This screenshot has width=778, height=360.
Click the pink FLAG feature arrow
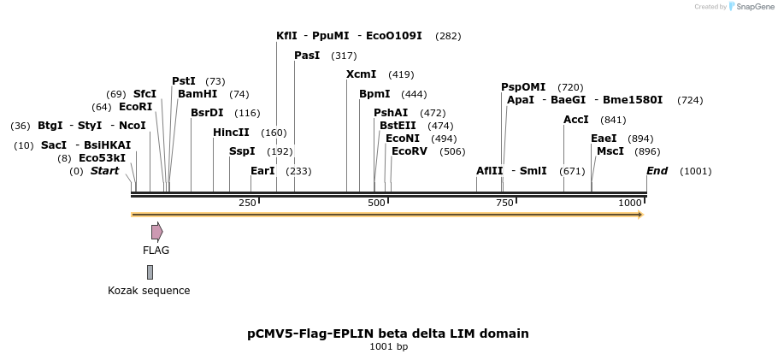(x=156, y=232)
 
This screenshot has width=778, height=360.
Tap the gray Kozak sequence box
(x=150, y=272)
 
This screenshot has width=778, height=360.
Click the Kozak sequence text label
(x=149, y=291)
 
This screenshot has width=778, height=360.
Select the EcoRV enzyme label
(x=409, y=151)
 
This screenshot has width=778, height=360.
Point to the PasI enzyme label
(x=307, y=56)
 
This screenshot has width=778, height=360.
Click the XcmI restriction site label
(x=361, y=74)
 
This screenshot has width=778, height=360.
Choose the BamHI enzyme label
(x=197, y=94)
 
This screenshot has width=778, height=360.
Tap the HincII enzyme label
(x=231, y=133)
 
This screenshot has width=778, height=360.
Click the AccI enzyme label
(x=576, y=120)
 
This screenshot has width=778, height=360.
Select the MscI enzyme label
(x=610, y=151)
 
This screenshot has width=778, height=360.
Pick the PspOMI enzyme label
(x=523, y=87)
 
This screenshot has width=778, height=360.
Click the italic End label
(x=657, y=171)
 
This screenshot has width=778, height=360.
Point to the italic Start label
(x=104, y=171)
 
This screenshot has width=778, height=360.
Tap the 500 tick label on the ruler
(x=376, y=203)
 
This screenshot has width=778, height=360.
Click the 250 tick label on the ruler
(x=247, y=203)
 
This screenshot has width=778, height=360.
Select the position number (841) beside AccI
(x=613, y=120)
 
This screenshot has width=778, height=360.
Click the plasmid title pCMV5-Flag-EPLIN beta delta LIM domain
(x=388, y=333)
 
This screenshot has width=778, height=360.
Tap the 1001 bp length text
(x=388, y=347)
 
